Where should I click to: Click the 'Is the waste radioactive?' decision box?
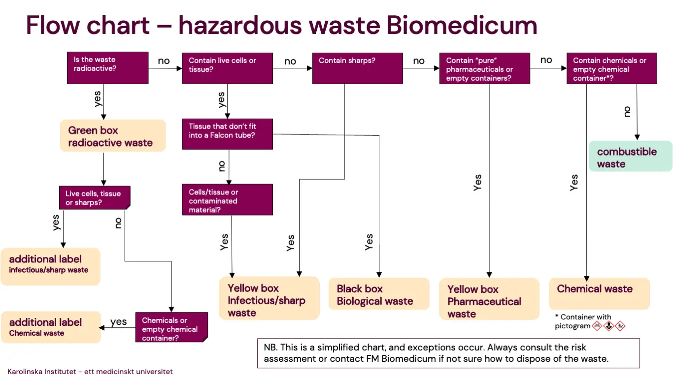tap(107, 68)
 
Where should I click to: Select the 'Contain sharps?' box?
tap(357, 68)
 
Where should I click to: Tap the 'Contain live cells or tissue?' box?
tap(227, 68)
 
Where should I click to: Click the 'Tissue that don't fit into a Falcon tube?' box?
tap(227, 133)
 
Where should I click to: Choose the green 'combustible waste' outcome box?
tap(630, 157)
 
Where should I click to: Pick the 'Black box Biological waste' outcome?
tap(378, 294)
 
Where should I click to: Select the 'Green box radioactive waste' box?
tap(113, 135)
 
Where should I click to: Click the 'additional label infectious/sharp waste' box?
tap(50, 266)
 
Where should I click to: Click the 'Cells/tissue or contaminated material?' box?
tap(227, 199)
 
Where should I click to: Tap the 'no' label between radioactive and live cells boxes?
tap(164, 61)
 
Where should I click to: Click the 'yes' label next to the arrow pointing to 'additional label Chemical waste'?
tap(118, 322)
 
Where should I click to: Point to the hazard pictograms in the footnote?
tap(608, 326)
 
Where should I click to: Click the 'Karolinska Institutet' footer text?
tap(90, 372)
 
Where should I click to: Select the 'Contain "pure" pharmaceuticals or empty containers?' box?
tap(484, 68)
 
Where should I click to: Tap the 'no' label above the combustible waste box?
tap(627, 112)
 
